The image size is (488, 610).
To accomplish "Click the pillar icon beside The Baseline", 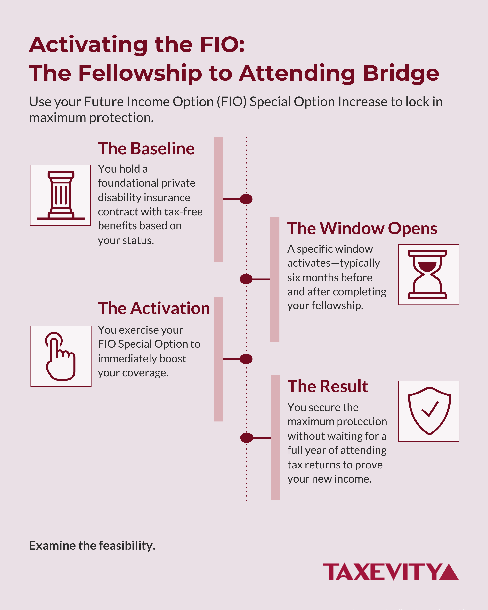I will (x=61, y=195).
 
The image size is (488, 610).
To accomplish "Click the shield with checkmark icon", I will (x=429, y=411).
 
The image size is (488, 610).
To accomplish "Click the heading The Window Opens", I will (x=362, y=228).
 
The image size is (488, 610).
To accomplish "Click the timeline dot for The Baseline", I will (x=246, y=199).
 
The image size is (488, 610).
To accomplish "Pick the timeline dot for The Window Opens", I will (x=246, y=279).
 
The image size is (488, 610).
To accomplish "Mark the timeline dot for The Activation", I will (x=246, y=359).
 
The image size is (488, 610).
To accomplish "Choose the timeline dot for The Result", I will (x=246, y=438).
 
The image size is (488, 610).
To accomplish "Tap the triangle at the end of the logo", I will (x=449, y=573).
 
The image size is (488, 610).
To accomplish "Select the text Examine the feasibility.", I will (x=92, y=546).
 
